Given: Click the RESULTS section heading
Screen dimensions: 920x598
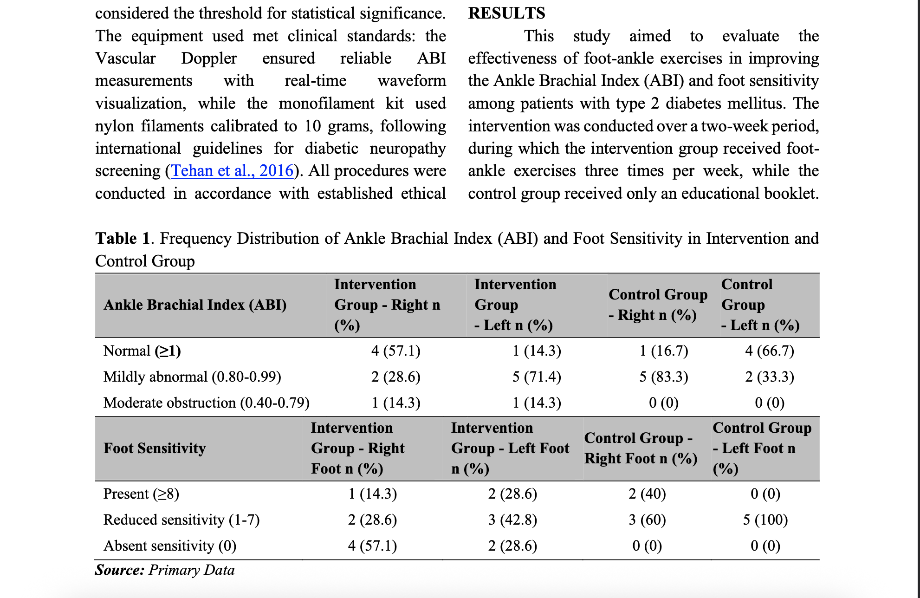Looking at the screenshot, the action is (506, 13).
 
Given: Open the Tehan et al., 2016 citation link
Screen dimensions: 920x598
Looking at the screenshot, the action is (233, 171).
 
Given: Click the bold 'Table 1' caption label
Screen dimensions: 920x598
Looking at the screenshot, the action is (123, 238).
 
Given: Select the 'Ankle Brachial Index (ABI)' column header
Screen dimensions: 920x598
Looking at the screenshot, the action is (195, 305).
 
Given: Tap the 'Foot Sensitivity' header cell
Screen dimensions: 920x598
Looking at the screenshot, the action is (155, 448).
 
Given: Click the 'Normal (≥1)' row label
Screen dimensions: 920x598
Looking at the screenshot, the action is (142, 351).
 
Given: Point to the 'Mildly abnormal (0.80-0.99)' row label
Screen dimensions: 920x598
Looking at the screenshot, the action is (192, 377).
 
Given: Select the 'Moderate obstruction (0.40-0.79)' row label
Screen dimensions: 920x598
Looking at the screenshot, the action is (207, 403).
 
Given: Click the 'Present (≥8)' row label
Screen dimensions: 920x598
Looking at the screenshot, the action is (141, 494).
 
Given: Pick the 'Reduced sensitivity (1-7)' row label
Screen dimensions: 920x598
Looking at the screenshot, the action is (181, 520).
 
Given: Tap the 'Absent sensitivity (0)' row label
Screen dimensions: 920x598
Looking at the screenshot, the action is (170, 546).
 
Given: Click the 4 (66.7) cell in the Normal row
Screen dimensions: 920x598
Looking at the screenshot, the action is (770, 351).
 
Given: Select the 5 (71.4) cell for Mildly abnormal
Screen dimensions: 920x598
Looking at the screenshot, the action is (537, 377).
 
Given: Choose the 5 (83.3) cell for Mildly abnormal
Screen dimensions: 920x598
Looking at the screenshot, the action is (664, 377).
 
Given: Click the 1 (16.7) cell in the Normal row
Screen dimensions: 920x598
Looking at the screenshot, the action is (664, 351).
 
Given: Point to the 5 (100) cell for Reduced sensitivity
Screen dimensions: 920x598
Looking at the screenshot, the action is (765, 520).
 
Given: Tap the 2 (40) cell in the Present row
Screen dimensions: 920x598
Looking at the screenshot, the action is (647, 494).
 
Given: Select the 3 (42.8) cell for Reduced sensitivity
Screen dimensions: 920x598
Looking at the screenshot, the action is (512, 520).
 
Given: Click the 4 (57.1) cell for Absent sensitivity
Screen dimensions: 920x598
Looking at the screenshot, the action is (372, 546).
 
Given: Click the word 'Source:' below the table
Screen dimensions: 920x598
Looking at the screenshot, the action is (120, 570).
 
